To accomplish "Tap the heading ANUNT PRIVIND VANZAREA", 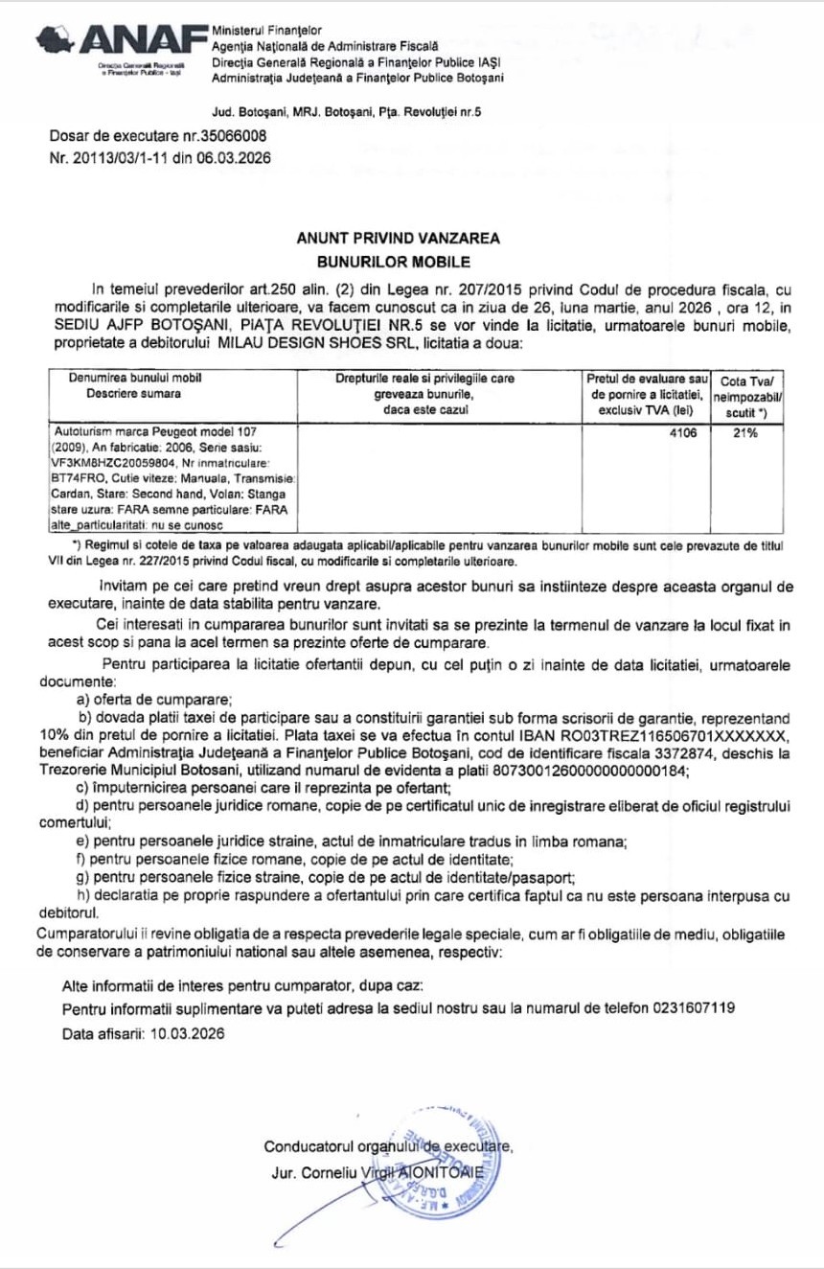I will [x=398, y=239].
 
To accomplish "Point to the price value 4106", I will [x=685, y=432].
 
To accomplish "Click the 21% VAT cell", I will [x=744, y=432].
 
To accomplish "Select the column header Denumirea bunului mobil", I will [x=130, y=379].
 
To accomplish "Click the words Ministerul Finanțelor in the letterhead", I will [x=267, y=31].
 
